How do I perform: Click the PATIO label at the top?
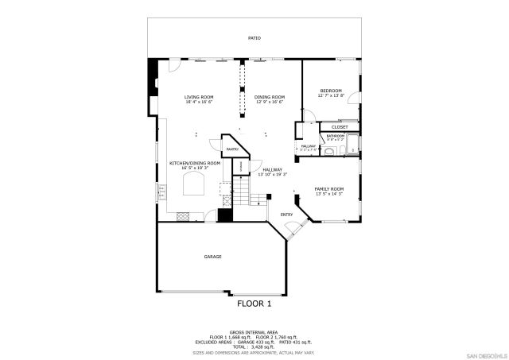click(x=254, y=37)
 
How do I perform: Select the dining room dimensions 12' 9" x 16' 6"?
click(x=270, y=102)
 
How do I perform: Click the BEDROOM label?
click(x=331, y=91)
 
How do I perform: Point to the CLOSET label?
click(x=340, y=126)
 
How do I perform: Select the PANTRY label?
click(x=233, y=149)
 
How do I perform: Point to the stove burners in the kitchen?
click(x=183, y=215)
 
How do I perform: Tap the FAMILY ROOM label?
click(x=329, y=189)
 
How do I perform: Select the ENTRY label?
click(x=286, y=214)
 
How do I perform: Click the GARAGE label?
click(x=212, y=257)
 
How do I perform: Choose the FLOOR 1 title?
click(x=254, y=304)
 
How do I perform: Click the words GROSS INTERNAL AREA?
click(x=254, y=331)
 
